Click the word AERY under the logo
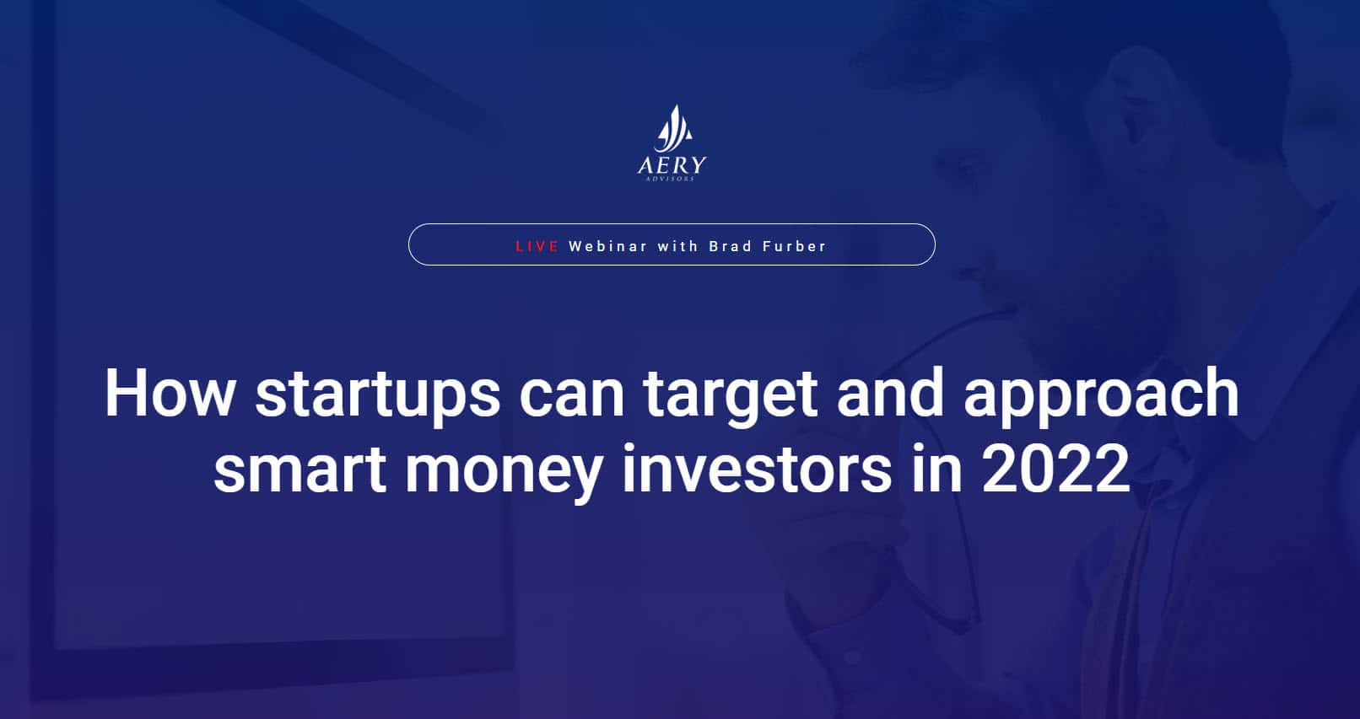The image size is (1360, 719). [x=672, y=166]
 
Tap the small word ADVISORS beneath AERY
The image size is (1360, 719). [x=670, y=179]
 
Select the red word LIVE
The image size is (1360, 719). [x=537, y=246]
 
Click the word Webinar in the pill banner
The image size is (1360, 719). [x=608, y=246]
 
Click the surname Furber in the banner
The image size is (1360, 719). [x=795, y=246]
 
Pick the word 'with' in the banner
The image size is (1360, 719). [x=678, y=246]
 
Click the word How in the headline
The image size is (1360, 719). [x=170, y=393]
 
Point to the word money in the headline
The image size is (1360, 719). [x=504, y=473]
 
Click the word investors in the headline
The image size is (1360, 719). [x=757, y=468]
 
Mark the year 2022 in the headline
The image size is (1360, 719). [x=1055, y=468]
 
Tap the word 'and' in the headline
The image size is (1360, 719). [x=891, y=393]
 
